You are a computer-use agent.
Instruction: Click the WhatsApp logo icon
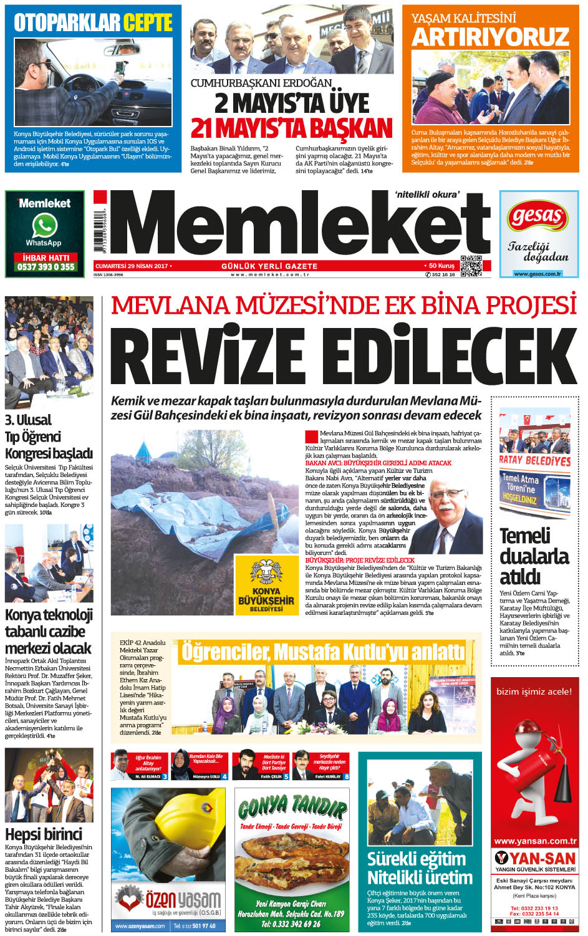point(44,226)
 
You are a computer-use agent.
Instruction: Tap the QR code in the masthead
point(471,266)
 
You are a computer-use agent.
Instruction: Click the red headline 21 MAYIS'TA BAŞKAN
point(291,128)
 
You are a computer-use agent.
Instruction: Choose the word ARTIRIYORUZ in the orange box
point(490,37)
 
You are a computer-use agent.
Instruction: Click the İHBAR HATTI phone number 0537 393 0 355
point(46,267)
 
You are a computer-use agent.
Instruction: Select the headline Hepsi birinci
point(44,834)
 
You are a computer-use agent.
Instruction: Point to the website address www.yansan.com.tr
point(535,841)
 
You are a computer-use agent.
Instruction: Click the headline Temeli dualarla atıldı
point(534,556)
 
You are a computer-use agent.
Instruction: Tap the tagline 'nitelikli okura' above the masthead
point(427,195)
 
